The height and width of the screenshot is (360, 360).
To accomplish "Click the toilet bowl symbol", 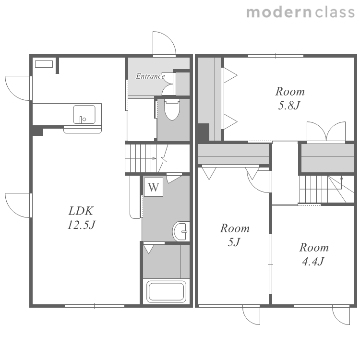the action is [172, 110].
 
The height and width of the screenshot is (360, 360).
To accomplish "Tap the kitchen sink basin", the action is [84, 114].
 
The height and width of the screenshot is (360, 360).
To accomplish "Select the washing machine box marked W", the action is [154, 187].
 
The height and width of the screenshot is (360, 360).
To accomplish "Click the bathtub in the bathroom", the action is [166, 292].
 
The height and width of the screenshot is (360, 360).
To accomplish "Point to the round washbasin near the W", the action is [181, 231].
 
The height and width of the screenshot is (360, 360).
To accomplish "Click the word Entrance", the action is [150, 76].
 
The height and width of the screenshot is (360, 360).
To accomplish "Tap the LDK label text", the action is [81, 211].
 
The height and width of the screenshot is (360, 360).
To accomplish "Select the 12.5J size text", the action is [81, 225].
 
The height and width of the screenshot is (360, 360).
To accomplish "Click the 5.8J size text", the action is [289, 106].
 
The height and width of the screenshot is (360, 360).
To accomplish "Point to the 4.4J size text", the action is [313, 261].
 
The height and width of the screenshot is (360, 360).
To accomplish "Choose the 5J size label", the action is [234, 242].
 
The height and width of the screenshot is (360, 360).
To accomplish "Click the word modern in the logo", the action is [279, 12].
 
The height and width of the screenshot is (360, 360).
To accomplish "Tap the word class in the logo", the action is [335, 12].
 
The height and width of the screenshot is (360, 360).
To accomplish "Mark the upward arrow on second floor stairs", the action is [341, 182].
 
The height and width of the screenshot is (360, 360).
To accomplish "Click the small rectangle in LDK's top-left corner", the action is [44, 64].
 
